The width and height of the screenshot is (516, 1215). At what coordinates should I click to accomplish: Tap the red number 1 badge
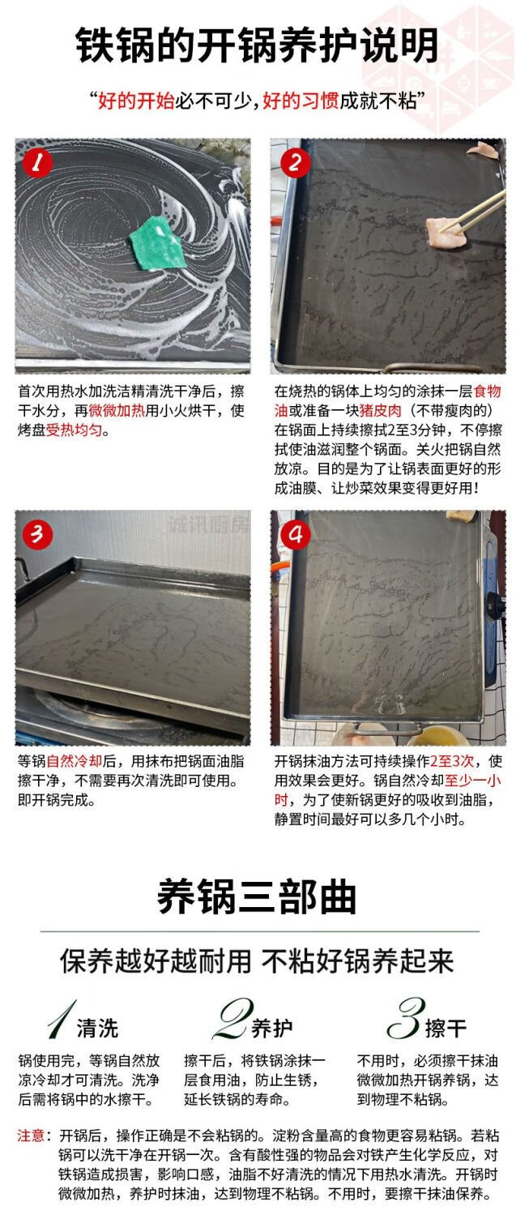click(x=37, y=163)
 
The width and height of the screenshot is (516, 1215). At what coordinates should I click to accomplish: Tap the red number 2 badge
click(x=296, y=163)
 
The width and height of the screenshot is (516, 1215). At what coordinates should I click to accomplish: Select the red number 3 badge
click(x=37, y=534)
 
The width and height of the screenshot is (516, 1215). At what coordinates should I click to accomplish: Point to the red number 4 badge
click(x=296, y=534)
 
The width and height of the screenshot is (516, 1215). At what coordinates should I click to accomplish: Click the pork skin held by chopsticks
click(x=445, y=231)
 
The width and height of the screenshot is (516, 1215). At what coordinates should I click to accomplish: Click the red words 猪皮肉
click(x=380, y=411)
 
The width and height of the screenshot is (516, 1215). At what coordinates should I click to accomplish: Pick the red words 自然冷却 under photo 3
click(x=74, y=761)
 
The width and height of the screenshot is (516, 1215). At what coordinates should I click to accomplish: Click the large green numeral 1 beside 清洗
click(x=61, y=1019)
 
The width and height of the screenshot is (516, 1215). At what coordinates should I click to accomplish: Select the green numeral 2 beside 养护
click(x=232, y=1019)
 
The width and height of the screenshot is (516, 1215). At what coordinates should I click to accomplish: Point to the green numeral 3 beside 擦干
click(x=406, y=1018)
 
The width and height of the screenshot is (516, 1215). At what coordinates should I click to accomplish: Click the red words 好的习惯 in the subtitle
click(x=301, y=101)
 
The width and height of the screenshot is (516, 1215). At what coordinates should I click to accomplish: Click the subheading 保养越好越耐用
click(x=156, y=962)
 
